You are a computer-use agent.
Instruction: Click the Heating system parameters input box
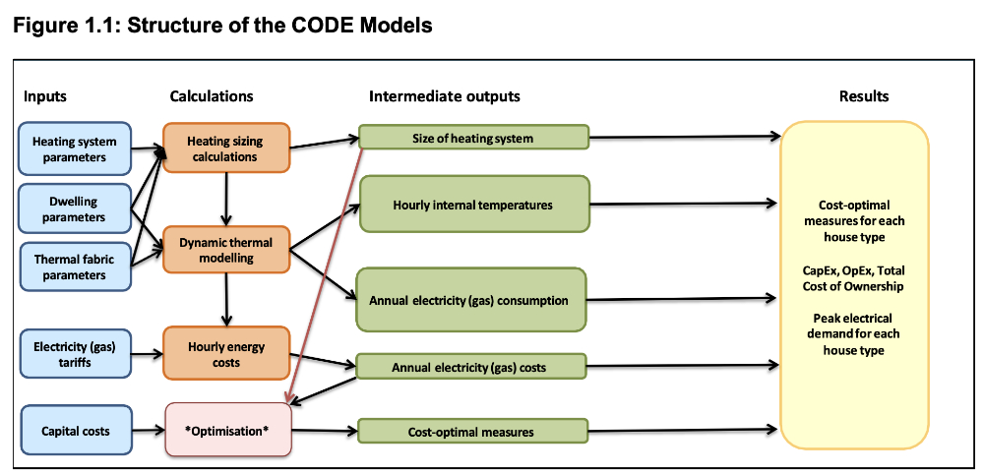tap(75, 148)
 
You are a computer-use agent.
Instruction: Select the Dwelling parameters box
tap(75, 209)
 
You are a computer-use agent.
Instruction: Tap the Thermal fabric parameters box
tap(75, 267)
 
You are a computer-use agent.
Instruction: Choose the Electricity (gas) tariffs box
tap(75, 354)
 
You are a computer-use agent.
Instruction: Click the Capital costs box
tap(75, 431)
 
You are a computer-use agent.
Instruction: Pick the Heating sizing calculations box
tap(226, 148)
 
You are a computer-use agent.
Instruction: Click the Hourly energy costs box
tap(226, 354)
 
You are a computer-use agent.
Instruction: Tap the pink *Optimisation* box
tap(228, 431)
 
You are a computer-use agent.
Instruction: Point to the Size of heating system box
tap(473, 138)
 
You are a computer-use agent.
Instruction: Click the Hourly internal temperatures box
tap(473, 205)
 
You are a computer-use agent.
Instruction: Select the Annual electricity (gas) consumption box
tap(473, 300)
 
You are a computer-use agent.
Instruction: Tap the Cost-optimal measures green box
tap(473, 432)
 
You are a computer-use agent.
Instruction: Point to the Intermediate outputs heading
tap(445, 96)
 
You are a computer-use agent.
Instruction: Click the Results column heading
tap(863, 96)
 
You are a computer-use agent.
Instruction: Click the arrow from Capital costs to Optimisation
tap(148, 430)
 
